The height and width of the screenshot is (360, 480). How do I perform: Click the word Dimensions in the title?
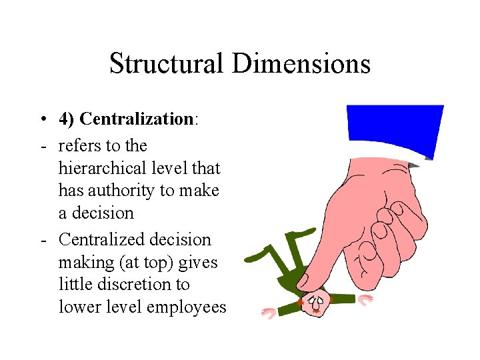pos(301,64)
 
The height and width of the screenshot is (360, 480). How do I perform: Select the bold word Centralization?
pos(136,119)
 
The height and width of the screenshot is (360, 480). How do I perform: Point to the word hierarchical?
pos(101,168)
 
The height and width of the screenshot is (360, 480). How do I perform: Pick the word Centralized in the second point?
pos(101,239)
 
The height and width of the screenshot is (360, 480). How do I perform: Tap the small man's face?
pos(316,304)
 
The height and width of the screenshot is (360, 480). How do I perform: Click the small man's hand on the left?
pos(269,312)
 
